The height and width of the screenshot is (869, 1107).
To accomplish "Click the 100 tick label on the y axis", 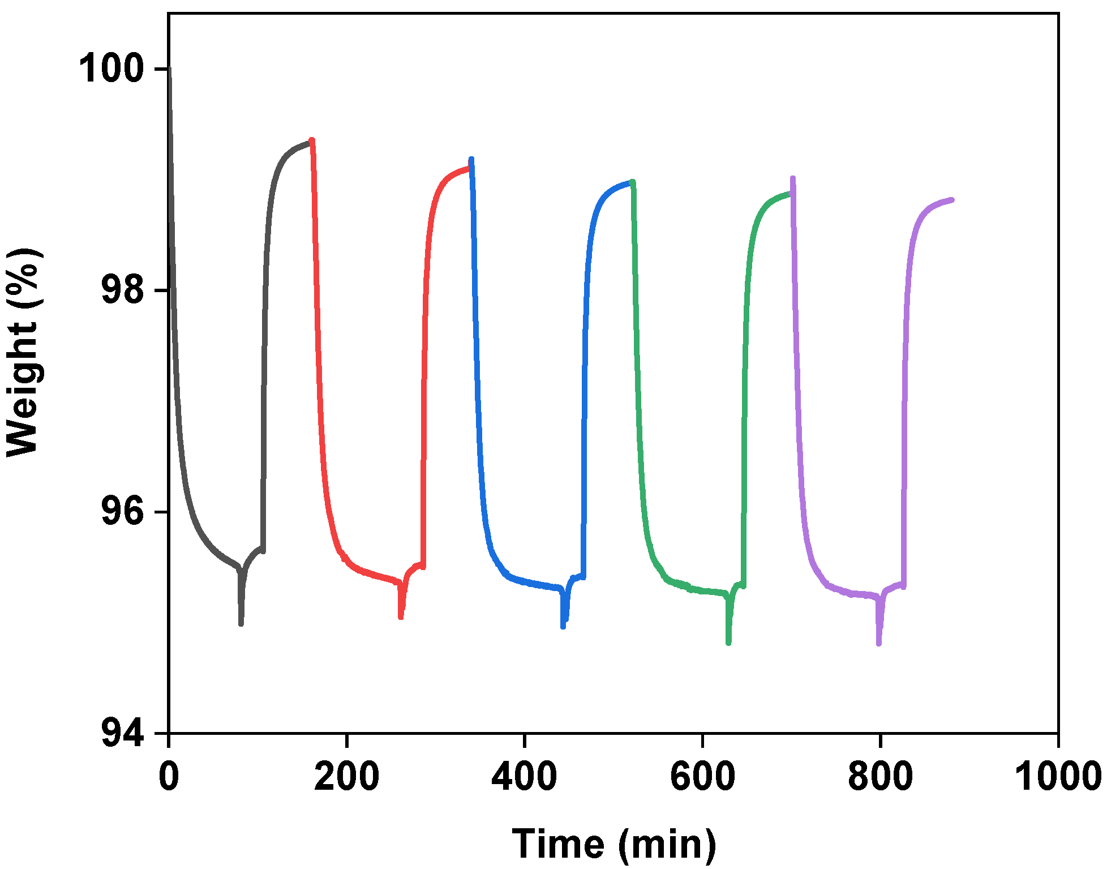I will (110, 69).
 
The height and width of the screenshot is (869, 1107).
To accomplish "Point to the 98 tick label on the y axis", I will (121, 290).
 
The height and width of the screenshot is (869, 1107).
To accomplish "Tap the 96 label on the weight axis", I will (121, 512).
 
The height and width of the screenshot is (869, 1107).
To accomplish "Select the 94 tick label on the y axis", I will (121, 734).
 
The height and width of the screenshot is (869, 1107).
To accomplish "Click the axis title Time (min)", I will (614, 844).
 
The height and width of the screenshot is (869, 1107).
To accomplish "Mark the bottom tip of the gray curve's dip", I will (241, 624).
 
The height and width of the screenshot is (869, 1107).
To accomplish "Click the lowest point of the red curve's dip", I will (401, 617).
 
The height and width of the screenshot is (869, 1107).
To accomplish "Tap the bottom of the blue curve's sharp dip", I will (563, 627).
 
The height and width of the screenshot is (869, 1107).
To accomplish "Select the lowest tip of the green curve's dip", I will (728, 643).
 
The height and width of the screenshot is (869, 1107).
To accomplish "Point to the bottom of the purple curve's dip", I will (878, 644).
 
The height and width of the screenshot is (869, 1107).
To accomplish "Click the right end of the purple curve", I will (952, 200).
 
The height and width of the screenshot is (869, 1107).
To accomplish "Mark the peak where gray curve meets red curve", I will (312, 140).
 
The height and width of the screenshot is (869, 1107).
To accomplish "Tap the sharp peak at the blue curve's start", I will (471, 160).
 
